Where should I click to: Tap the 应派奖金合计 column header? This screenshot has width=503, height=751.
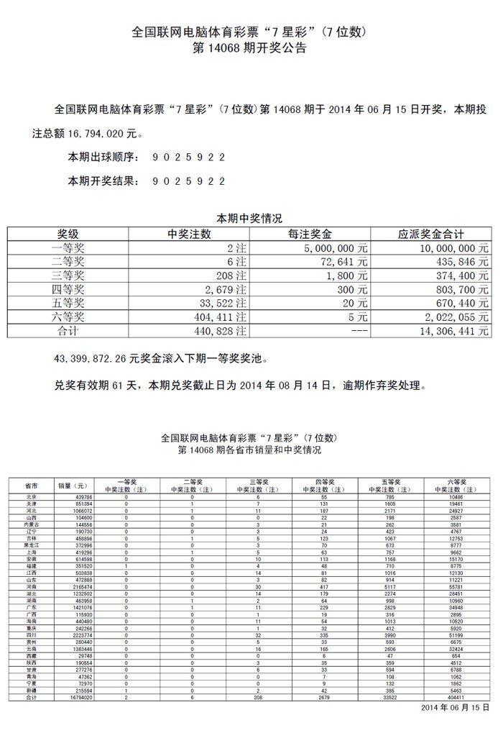(x=431, y=235)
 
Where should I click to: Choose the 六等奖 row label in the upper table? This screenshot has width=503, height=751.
(x=71, y=317)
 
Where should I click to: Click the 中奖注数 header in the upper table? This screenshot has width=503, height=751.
(x=189, y=235)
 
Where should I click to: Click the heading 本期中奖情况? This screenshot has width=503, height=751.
(x=250, y=218)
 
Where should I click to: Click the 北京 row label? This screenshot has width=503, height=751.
(x=31, y=497)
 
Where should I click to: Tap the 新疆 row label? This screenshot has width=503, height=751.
(x=31, y=691)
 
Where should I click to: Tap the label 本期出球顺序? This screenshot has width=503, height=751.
(x=103, y=157)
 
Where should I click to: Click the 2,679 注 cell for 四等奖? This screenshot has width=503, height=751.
(x=222, y=289)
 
